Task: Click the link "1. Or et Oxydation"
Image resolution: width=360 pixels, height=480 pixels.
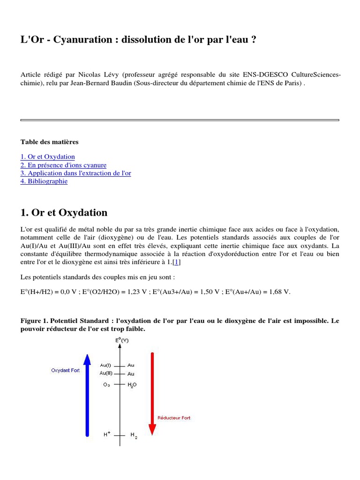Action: click(48, 157)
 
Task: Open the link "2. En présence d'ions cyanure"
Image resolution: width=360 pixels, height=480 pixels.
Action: click(63, 165)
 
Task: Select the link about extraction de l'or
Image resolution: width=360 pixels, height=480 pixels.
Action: click(76, 173)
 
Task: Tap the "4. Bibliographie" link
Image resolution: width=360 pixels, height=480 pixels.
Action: click(44, 181)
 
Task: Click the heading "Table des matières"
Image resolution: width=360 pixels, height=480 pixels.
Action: click(49, 142)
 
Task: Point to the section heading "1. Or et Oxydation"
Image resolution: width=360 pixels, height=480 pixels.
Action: click(64, 212)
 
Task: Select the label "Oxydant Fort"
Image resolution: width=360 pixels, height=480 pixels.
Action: click(65, 370)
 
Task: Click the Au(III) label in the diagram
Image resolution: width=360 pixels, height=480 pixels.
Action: click(105, 373)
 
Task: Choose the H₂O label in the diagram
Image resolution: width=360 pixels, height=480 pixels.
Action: click(132, 385)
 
